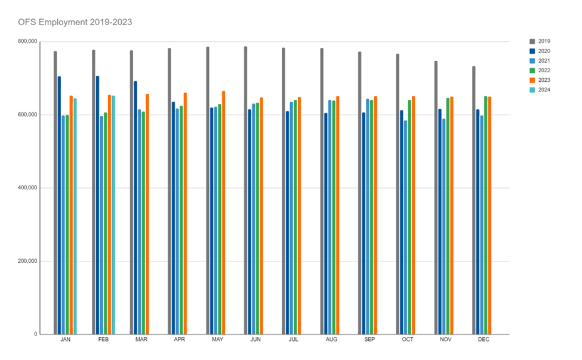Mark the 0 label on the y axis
coord(35,334)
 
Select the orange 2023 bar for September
coord(375,215)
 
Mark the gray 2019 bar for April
coord(170,191)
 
